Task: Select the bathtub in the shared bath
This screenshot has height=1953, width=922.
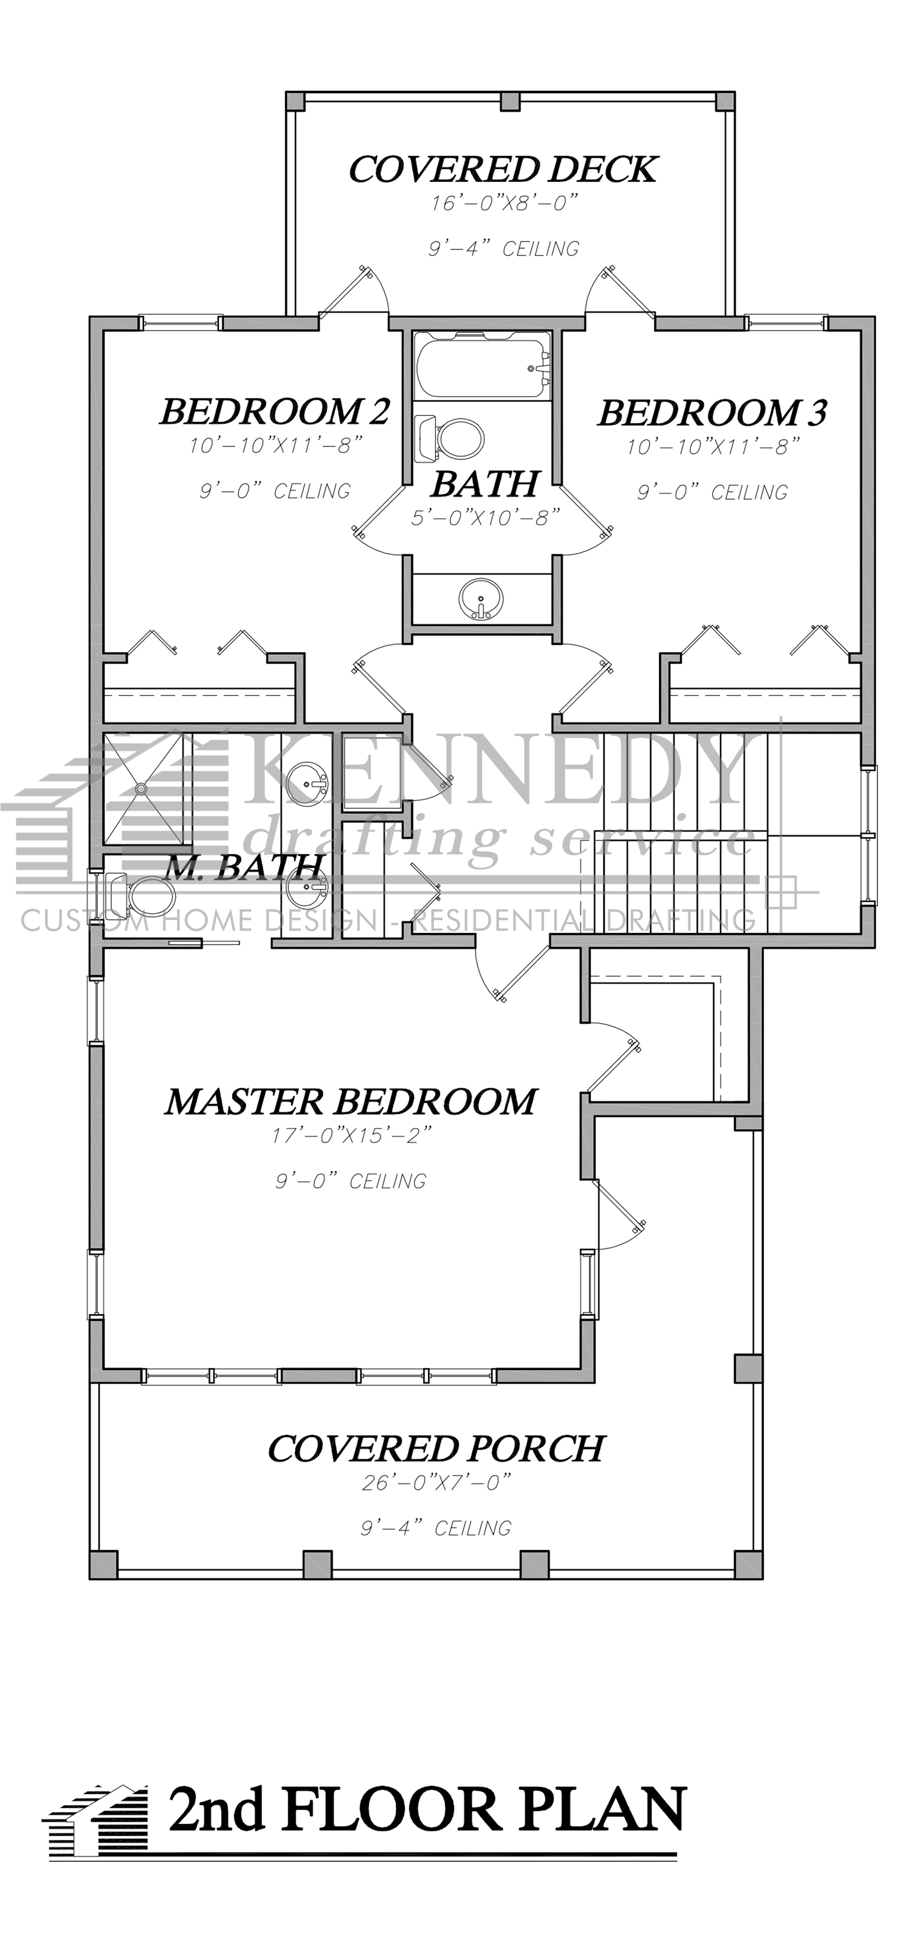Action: [x=482, y=365]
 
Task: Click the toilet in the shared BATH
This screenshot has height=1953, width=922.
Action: [x=455, y=438]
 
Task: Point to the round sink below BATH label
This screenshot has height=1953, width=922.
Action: [x=480, y=599]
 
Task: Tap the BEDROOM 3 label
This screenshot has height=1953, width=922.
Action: [x=711, y=413]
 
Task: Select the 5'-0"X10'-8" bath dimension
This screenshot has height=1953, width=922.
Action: [x=485, y=518]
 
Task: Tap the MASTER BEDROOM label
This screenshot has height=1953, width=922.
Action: [x=350, y=1102]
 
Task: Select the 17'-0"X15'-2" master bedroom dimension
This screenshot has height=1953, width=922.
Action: [x=352, y=1136]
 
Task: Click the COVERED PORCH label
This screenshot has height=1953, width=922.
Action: [x=436, y=1449]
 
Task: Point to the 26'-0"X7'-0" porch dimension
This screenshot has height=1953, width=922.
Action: [x=437, y=1482]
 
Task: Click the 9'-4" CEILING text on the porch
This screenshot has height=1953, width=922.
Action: [x=436, y=1528]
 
